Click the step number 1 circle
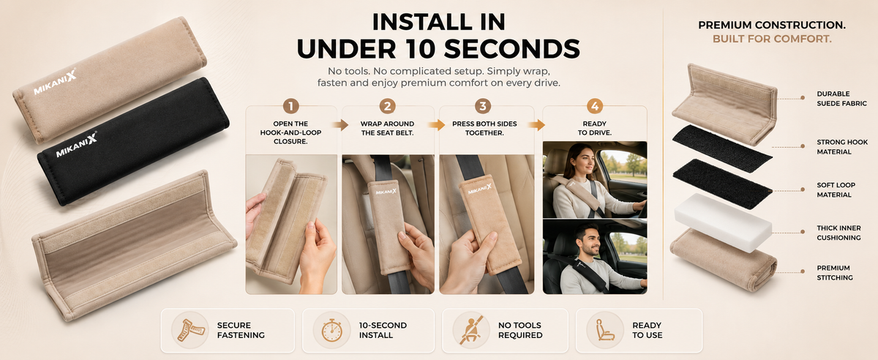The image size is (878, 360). (291, 106)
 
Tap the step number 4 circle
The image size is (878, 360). (595, 106)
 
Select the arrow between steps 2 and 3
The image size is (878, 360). (436, 125)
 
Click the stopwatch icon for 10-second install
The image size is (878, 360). (331, 331)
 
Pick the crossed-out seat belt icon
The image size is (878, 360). (470, 330)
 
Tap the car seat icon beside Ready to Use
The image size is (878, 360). (605, 330)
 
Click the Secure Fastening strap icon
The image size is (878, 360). (190, 330)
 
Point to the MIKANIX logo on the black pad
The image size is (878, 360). (76, 145)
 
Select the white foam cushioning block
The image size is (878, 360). (723, 222)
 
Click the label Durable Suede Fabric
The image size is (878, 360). (841, 99)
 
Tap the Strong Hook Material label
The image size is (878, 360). (842, 146)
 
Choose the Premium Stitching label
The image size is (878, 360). (835, 272)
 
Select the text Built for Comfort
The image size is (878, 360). (772, 39)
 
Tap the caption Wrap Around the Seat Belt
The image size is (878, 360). (387, 128)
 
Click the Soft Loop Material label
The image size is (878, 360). (836, 190)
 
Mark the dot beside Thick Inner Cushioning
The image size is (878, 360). (803, 232)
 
